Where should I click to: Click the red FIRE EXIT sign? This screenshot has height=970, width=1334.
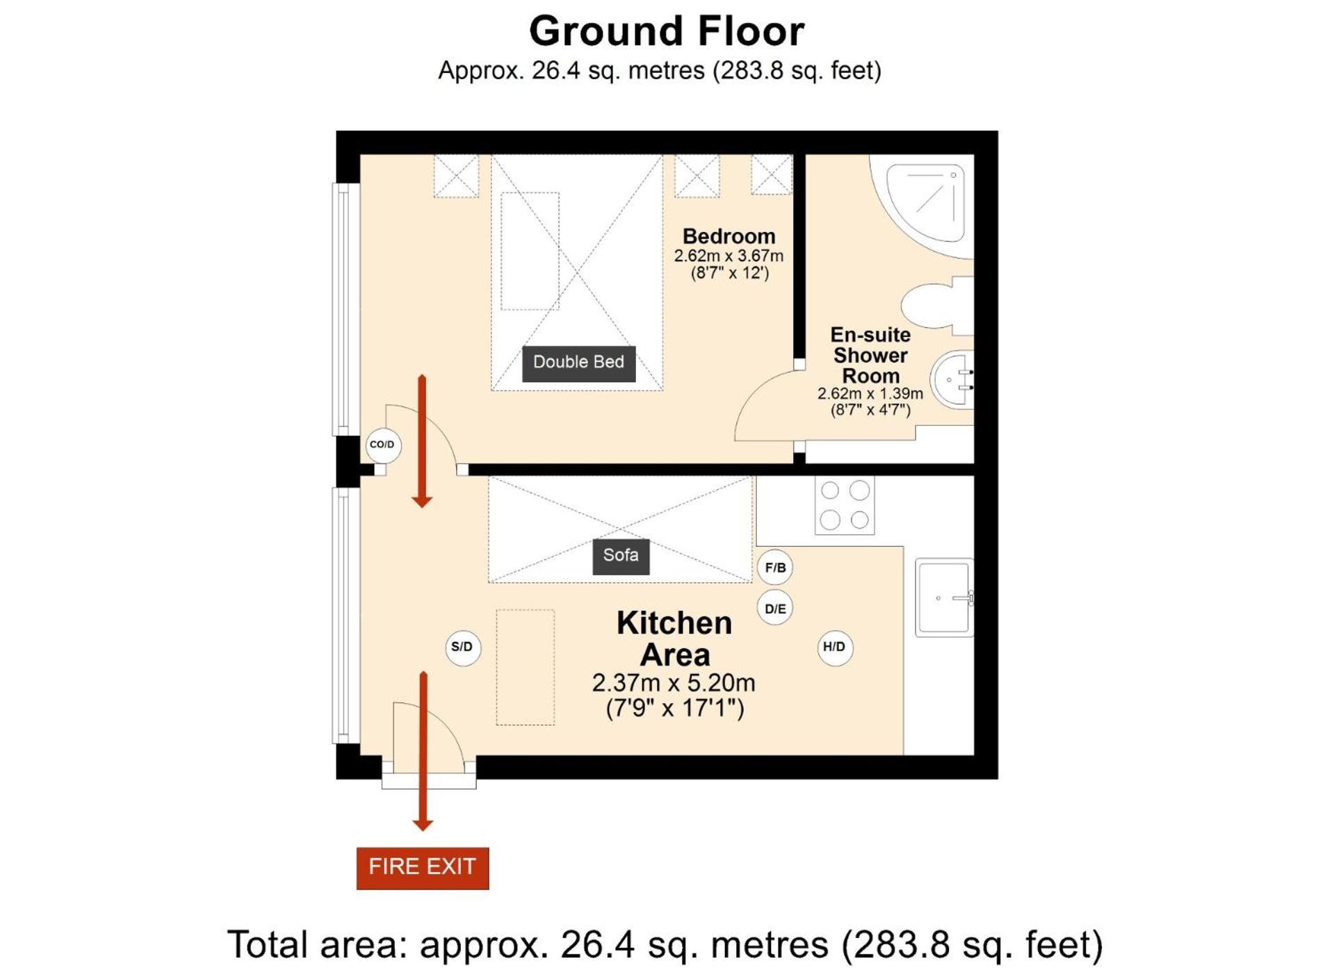tap(423, 868)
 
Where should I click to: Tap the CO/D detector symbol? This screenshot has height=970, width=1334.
tap(382, 445)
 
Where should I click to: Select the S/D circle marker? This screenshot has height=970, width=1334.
tap(462, 648)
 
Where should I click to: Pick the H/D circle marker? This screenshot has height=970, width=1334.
tap(834, 648)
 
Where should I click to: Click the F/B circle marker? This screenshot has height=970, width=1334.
tap(775, 568)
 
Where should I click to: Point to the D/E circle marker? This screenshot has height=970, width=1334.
tap(775, 609)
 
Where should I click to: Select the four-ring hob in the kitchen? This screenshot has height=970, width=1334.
tap(845, 505)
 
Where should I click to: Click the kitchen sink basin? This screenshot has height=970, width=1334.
tap(944, 598)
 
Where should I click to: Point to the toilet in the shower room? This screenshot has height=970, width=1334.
tap(938, 306)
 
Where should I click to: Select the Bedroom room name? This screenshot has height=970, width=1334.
tap(729, 236)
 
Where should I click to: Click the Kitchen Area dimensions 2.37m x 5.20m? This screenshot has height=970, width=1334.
tap(674, 683)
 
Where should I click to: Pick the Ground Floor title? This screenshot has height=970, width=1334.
tap(667, 31)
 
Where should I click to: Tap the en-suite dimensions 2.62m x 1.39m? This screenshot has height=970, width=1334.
tap(870, 393)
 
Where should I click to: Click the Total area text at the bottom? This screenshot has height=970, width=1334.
tap(665, 944)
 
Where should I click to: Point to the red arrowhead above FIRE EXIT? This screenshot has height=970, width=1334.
tap(423, 825)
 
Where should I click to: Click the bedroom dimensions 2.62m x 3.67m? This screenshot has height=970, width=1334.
tap(729, 256)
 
